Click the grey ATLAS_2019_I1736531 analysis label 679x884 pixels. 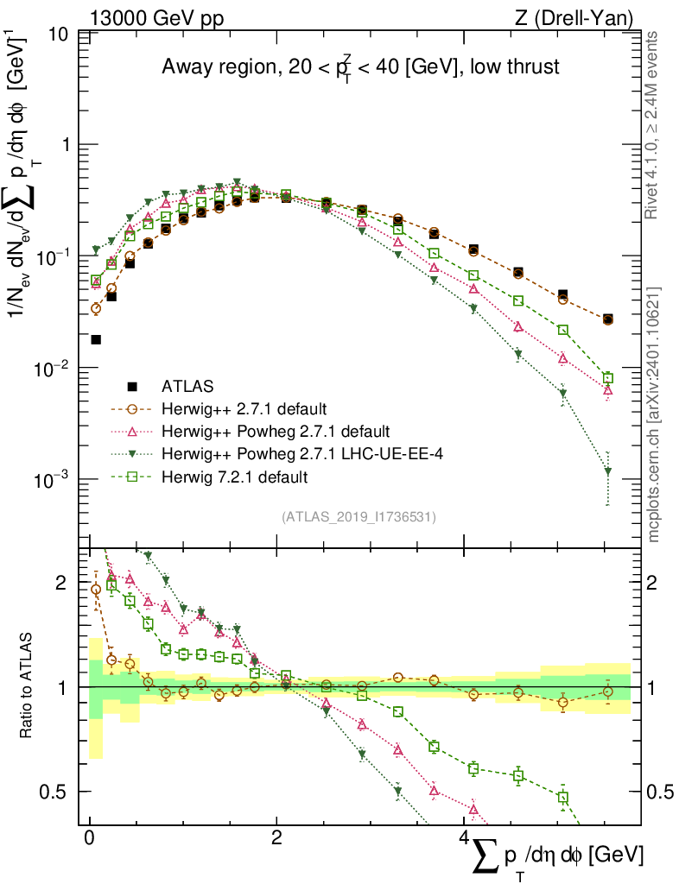[x=359, y=517]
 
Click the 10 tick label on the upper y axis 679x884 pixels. [x=60, y=35]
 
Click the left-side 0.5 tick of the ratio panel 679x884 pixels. [x=56, y=792]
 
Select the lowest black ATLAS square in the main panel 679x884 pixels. [x=96, y=339]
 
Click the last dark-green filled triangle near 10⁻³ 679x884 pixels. [x=608, y=472]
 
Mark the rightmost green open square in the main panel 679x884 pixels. [x=608, y=378]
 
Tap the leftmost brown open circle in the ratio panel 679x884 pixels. [x=96, y=590]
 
